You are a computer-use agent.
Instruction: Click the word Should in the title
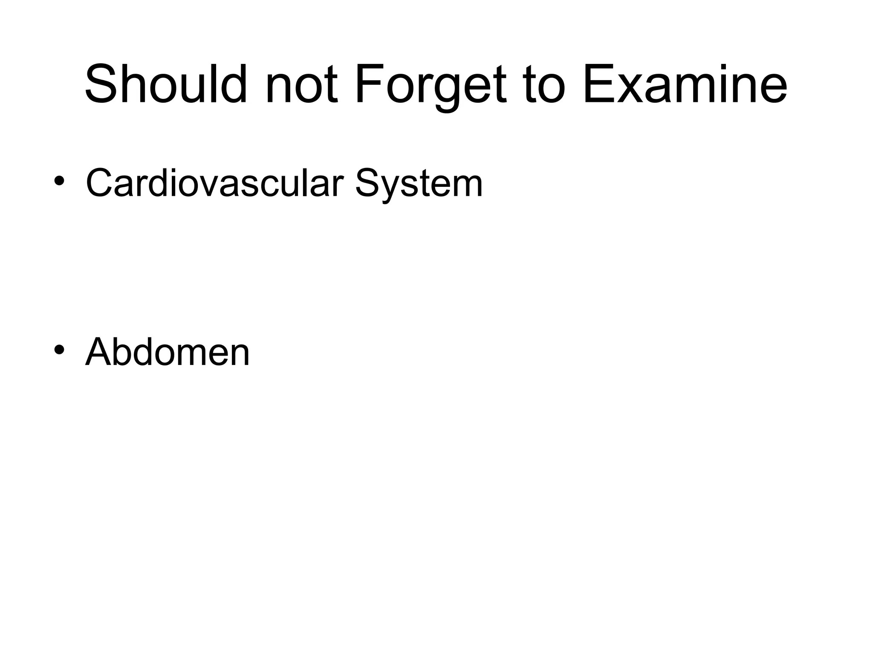(166, 84)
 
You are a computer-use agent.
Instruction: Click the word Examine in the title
(685, 84)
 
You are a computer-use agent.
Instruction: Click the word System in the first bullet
(419, 184)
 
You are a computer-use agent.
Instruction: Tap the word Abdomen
(168, 352)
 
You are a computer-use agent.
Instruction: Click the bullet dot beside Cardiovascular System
(59, 181)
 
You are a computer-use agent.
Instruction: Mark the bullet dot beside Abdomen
(59, 350)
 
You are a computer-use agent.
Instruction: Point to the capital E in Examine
(597, 84)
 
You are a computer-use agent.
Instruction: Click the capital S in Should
(101, 84)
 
